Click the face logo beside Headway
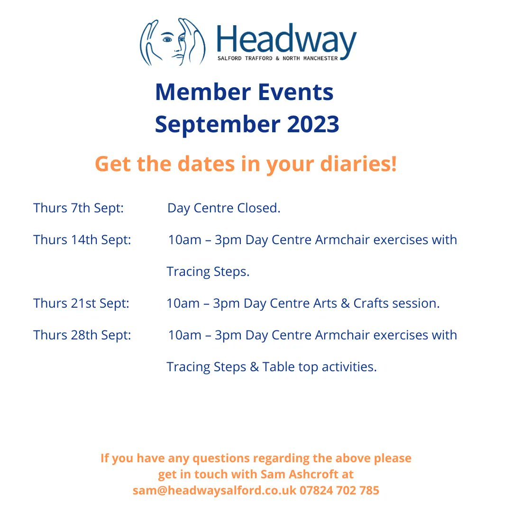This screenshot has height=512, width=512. (x=173, y=42)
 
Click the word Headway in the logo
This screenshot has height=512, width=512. (x=286, y=40)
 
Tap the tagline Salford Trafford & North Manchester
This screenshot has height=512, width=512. (x=277, y=58)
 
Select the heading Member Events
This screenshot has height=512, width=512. (x=244, y=92)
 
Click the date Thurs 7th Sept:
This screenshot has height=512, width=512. (x=79, y=208)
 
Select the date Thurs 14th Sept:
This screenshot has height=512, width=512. (x=82, y=240)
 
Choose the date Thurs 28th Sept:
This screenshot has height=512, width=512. (x=82, y=335)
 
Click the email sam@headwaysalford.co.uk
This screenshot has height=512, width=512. (x=214, y=491)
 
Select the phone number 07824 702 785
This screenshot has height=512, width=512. (x=339, y=491)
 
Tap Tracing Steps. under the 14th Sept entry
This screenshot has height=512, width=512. (x=208, y=272)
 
